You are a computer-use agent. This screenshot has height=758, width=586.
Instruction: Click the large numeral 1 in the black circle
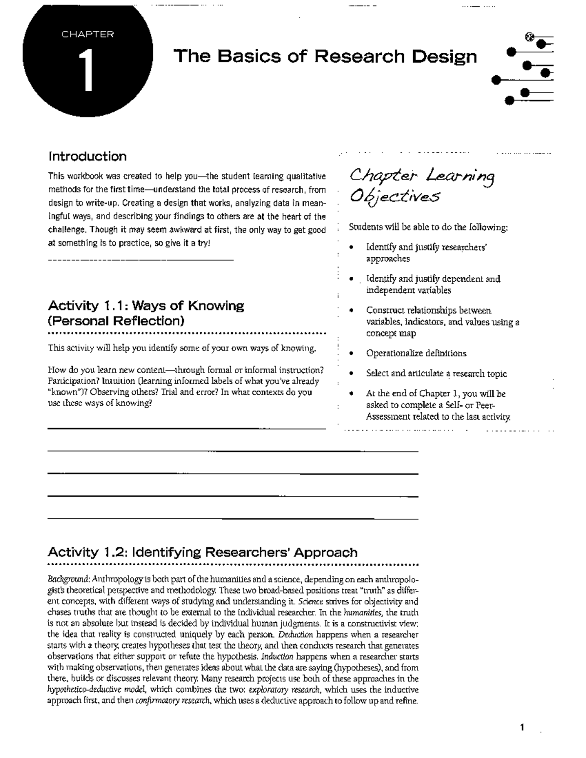(87, 72)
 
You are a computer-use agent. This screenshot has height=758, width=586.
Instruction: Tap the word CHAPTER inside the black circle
(88, 34)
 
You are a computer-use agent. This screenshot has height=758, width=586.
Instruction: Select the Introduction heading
(87, 157)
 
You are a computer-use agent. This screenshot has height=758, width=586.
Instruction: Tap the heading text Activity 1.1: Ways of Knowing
(146, 306)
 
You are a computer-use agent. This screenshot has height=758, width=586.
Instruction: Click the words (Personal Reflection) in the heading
(116, 321)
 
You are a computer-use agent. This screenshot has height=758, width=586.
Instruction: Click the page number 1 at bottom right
(522, 728)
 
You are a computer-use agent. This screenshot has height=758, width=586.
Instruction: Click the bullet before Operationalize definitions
(352, 354)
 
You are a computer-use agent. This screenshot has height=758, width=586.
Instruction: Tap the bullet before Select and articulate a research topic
(352, 374)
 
